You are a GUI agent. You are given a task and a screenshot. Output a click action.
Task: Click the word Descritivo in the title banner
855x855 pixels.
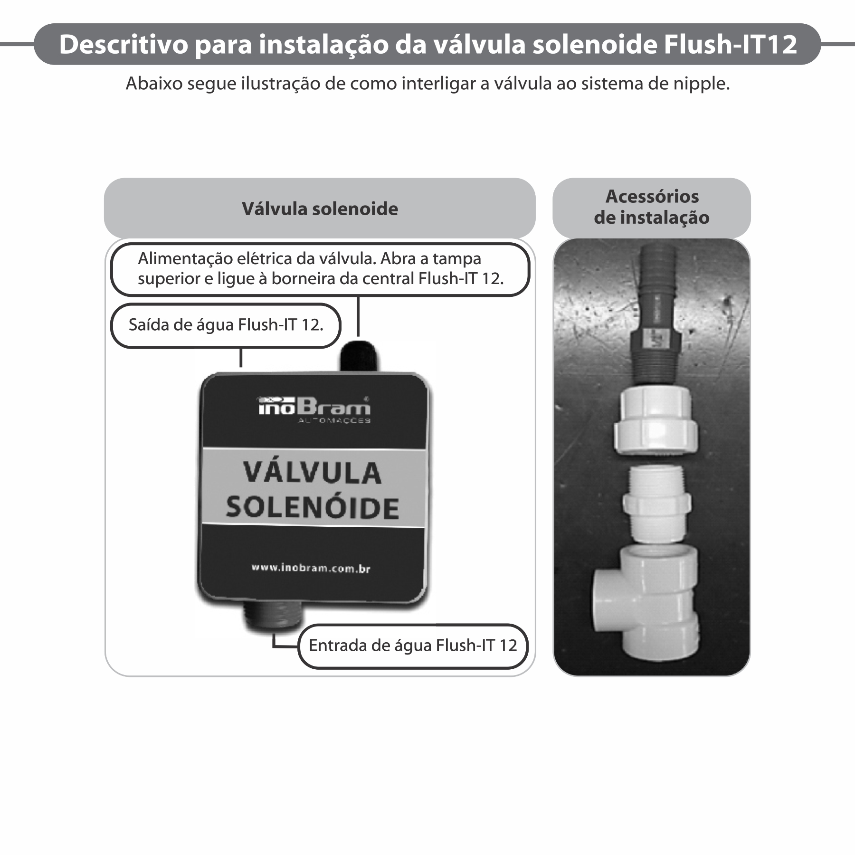click(123, 45)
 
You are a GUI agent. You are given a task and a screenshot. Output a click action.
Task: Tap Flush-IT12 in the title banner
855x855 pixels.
click(730, 45)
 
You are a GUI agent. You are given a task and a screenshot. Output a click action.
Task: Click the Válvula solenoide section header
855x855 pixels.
click(320, 209)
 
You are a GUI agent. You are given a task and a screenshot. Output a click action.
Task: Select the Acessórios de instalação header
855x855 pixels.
click(652, 207)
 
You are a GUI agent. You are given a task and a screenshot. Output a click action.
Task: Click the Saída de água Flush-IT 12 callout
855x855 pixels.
click(226, 325)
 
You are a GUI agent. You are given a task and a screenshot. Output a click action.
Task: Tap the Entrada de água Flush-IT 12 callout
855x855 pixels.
click(413, 646)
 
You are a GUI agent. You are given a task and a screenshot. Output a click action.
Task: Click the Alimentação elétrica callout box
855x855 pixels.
click(320, 269)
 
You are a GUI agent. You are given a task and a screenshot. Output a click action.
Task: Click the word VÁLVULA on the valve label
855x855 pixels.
click(313, 473)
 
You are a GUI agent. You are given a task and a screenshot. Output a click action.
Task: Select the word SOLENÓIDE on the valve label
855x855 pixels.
click(313, 507)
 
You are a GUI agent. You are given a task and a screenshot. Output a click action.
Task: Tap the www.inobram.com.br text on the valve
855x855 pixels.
click(311, 568)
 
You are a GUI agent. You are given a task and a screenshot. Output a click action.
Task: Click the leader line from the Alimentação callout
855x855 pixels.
click(358, 316)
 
